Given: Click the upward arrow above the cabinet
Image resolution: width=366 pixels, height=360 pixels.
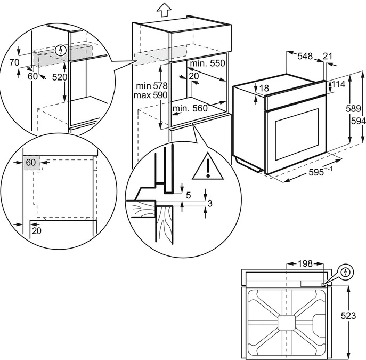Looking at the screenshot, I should pyautogui.click(x=164, y=9).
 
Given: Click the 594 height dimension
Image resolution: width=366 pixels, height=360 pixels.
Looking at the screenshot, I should pyautogui.click(x=358, y=121).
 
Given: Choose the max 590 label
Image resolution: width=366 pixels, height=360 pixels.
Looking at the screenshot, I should pyautogui.click(x=151, y=95).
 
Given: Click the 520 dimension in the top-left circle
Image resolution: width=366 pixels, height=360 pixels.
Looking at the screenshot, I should pyautogui.click(x=75, y=77).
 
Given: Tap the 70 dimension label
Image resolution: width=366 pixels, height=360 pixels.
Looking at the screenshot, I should pyautogui.click(x=14, y=62).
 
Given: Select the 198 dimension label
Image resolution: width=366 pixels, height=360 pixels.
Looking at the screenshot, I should pyautogui.click(x=305, y=263).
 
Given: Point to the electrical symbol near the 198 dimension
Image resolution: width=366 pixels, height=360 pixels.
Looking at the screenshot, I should pyautogui.click(x=347, y=272).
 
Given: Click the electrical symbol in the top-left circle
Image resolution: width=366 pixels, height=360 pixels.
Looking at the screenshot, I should pyautogui.click(x=62, y=51).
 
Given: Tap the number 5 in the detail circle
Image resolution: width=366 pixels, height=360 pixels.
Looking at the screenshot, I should pyautogui.click(x=188, y=195).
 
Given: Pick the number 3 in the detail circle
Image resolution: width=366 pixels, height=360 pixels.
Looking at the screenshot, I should pyautogui.click(x=210, y=203).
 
